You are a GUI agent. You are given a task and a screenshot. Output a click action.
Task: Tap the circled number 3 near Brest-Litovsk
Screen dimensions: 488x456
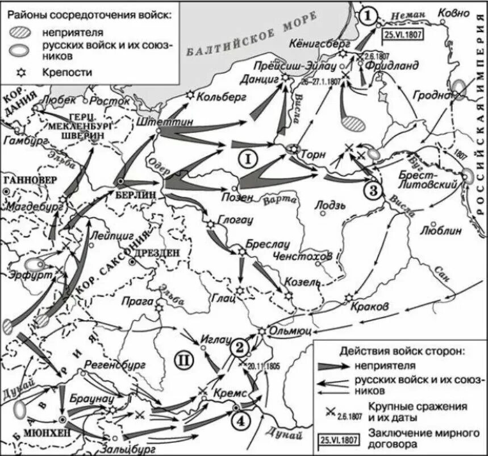tap(373, 190)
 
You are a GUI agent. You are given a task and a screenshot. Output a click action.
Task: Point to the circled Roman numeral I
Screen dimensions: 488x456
tap(248, 160)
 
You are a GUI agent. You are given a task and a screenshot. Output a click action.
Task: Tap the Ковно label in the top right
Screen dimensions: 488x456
tap(454, 13)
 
